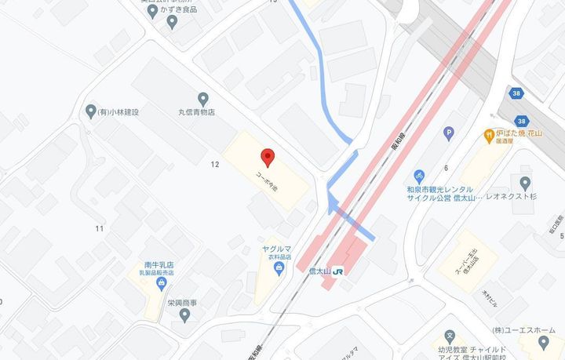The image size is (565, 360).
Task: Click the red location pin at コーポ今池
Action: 268,158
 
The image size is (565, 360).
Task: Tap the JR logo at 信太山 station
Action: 339,271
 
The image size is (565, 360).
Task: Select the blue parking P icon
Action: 449,133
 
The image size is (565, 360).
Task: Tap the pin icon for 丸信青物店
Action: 203,98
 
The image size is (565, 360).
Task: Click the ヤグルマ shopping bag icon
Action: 279,269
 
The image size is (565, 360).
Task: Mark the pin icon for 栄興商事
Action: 184,315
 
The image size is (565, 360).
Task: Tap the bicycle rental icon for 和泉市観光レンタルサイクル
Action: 420,175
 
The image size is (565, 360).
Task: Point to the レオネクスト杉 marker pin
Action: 525,183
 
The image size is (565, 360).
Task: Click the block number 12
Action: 214,165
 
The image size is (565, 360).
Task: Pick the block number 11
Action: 100,228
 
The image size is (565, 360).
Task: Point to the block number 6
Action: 445,168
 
